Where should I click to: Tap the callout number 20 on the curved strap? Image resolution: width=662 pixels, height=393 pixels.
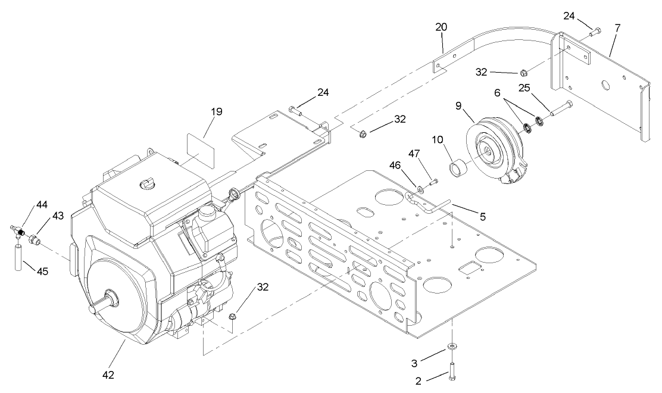coord(441,27)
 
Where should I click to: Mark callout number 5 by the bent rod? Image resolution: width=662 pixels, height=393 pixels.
coord(483,217)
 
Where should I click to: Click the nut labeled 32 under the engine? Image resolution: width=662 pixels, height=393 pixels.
coord(233,316)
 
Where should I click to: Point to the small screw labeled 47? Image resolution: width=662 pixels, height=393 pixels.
coord(432,182)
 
